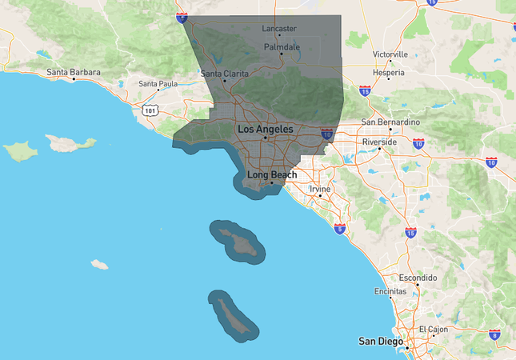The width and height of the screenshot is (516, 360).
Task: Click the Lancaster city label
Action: pos(279,29)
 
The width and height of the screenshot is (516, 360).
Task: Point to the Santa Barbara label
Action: pos(74,73)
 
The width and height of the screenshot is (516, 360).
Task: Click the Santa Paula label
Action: pos(158,83)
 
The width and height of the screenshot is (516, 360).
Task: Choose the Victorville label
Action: pos(390,54)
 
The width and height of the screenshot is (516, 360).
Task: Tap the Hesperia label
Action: pos(390,71)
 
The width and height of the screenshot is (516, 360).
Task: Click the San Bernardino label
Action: pos(390,122)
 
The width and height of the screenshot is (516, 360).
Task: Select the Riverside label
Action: pos(379,142)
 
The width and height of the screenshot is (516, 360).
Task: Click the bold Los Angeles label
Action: pos(265,129)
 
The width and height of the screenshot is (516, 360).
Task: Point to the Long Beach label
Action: pos(272,174)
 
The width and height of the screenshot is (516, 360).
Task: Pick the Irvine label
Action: pos(320,189)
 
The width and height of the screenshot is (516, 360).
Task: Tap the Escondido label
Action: pos(418,278)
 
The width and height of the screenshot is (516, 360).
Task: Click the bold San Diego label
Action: pos(382,342)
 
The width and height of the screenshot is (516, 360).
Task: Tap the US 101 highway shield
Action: pos(149,110)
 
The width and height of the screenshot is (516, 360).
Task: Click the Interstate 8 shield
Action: pos(494,334)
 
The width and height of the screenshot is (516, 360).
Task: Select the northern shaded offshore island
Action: pos(236,240)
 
